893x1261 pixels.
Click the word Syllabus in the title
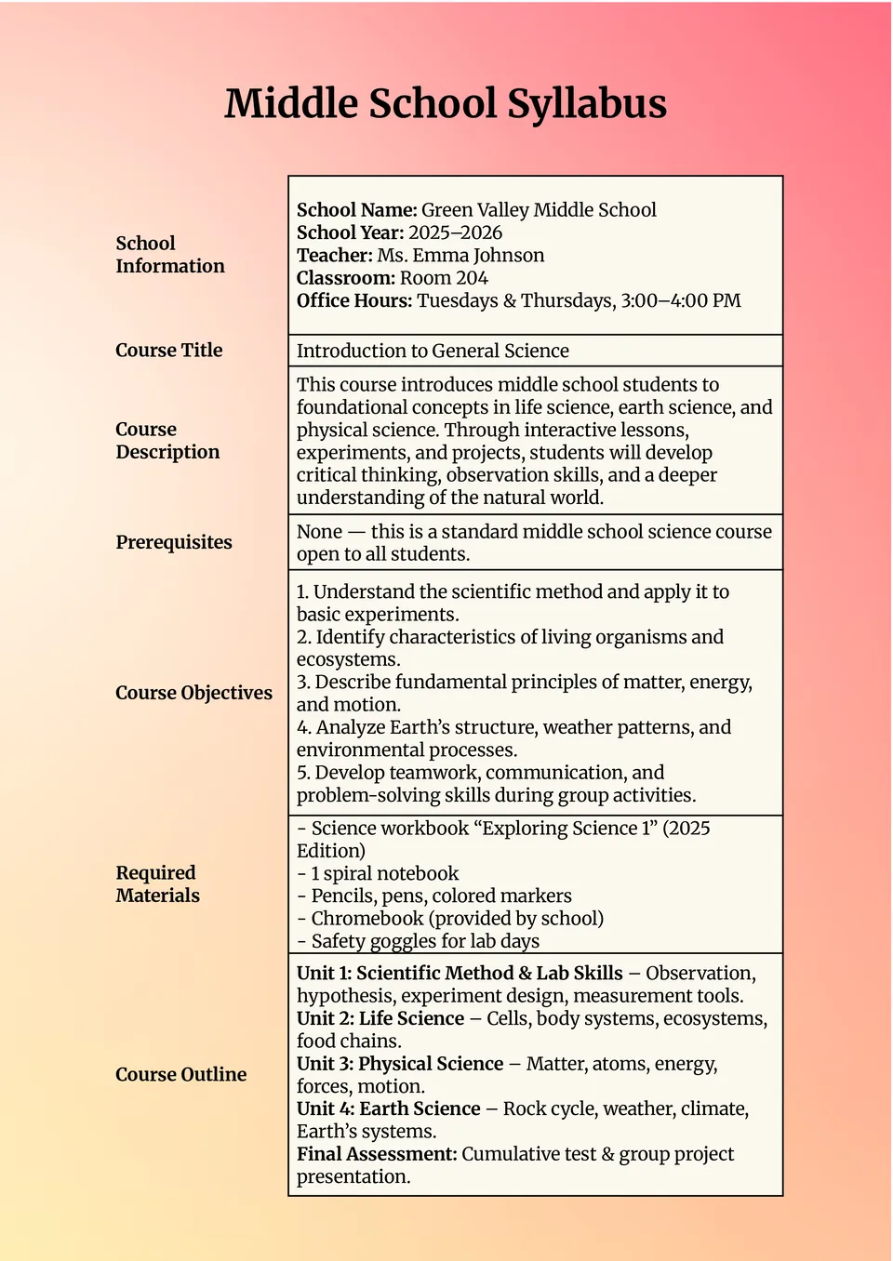587,104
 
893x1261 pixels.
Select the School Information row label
169,255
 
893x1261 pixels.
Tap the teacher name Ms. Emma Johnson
460,256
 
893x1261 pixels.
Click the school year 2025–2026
455,232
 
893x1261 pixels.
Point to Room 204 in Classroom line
444,278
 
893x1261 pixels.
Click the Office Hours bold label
353,300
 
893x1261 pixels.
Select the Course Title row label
168,351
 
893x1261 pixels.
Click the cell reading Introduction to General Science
433,352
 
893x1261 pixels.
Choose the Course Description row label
167,441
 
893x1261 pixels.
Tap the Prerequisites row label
174,542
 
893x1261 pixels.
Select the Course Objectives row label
193,693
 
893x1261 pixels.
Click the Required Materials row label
157,884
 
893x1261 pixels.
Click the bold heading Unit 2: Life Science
380,1019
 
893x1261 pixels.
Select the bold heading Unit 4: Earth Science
388,1109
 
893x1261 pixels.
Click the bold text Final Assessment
377,1154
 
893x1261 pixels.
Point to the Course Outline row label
180,1075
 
